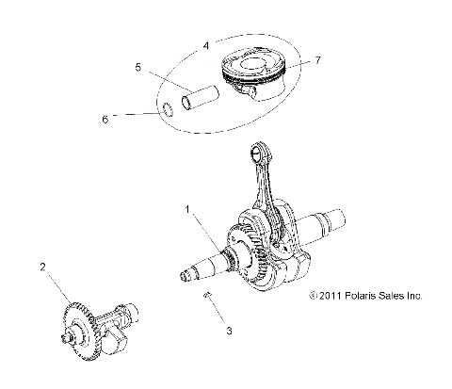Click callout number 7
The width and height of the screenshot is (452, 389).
[318, 59]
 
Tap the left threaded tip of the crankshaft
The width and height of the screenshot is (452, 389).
[189, 276]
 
